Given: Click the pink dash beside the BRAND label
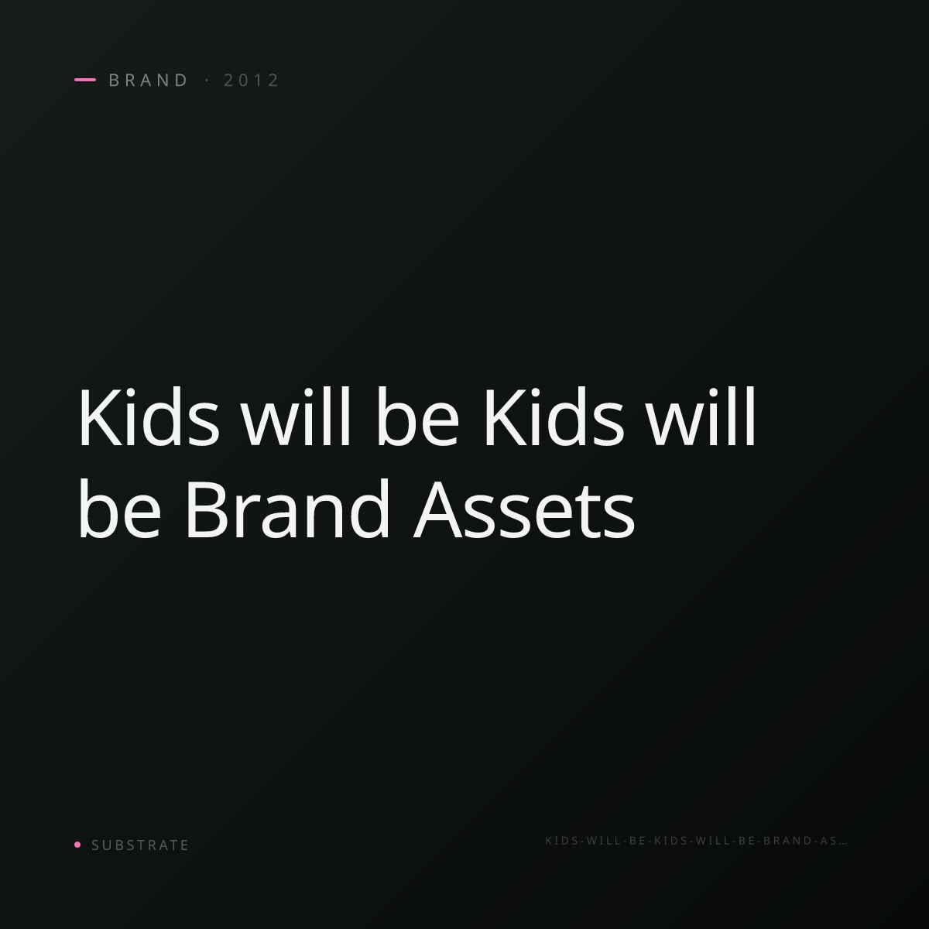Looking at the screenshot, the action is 85,80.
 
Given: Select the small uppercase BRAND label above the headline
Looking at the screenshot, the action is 149,81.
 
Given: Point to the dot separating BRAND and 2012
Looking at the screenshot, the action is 207,81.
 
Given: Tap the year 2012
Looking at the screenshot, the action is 251,81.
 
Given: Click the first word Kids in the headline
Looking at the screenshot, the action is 149,417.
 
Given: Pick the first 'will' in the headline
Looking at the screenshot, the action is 296,417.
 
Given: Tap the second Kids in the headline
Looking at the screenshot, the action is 554,417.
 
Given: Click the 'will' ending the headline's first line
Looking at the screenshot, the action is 701,417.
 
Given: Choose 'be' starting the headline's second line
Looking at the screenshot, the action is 119,509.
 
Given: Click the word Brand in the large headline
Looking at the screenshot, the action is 288,509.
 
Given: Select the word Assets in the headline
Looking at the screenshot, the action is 525,509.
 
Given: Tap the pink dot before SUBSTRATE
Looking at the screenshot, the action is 77,844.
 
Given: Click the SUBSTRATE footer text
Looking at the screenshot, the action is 140,845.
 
